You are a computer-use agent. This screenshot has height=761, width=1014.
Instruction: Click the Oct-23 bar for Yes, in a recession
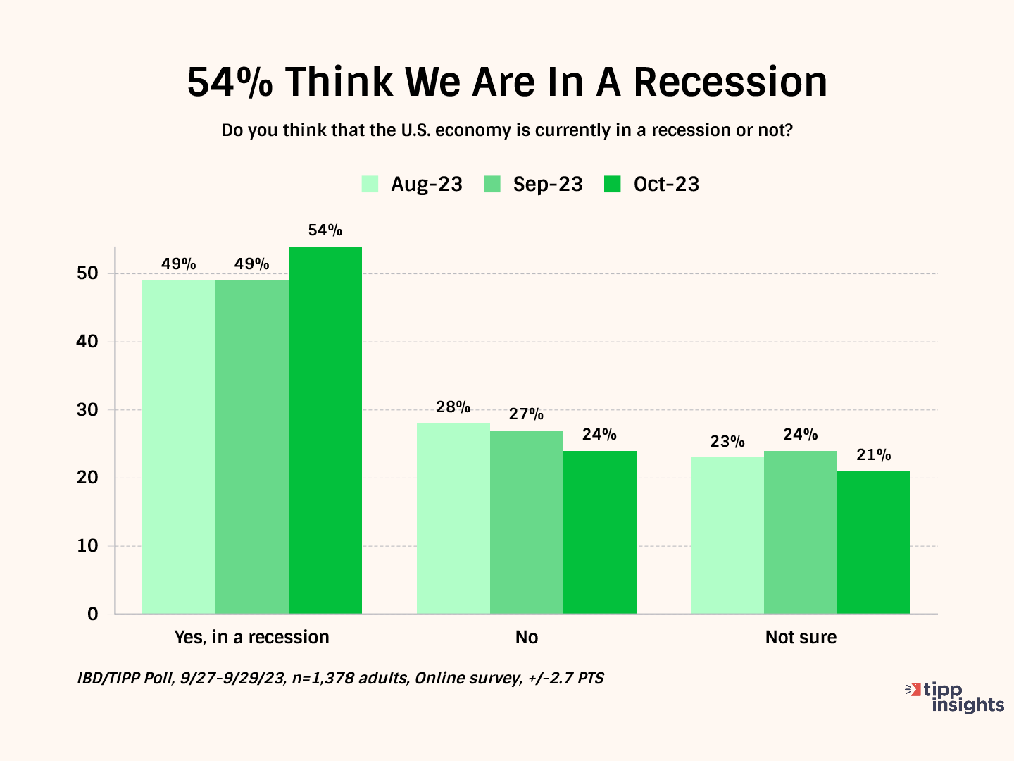pyautogui.click(x=325, y=430)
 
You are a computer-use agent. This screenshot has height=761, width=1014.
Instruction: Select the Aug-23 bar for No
pyautogui.click(x=453, y=519)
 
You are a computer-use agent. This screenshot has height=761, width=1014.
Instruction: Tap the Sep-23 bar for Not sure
pyautogui.click(x=801, y=532)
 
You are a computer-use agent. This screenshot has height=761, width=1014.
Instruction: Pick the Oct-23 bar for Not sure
pyautogui.click(x=874, y=543)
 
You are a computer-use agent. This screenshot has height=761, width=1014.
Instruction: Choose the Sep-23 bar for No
pyautogui.click(x=527, y=522)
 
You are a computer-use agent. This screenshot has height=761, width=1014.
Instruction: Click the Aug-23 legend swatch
pyautogui.click(x=370, y=185)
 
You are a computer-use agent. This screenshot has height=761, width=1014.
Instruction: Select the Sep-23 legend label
pyautogui.click(x=548, y=185)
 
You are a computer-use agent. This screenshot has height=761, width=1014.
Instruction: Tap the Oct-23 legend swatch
pyautogui.click(x=613, y=185)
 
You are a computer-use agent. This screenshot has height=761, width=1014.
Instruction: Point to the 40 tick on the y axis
pyautogui.click(x=87, y=342)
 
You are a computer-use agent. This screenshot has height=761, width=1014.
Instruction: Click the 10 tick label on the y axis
pyautogui.click(x=87, y=546)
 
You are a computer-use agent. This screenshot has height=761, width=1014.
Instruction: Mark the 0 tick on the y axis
pyautogui.click(x=93, y=614)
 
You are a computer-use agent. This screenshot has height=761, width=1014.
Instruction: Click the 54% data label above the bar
pyautogui.click(x=325, y=230)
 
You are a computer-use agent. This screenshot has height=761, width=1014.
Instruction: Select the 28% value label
pyautogui.click(x=453, y=407)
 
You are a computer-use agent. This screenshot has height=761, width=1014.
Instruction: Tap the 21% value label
pyautogui.click(x=874, y=455)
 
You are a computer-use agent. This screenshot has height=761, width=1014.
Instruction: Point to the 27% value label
pyautogui.click(x=527, y=414)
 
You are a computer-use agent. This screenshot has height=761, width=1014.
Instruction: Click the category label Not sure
pyautogui.click(x=801, y=638)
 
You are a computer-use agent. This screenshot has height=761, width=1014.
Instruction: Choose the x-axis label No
pyautogui.click(x=527, y=638)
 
